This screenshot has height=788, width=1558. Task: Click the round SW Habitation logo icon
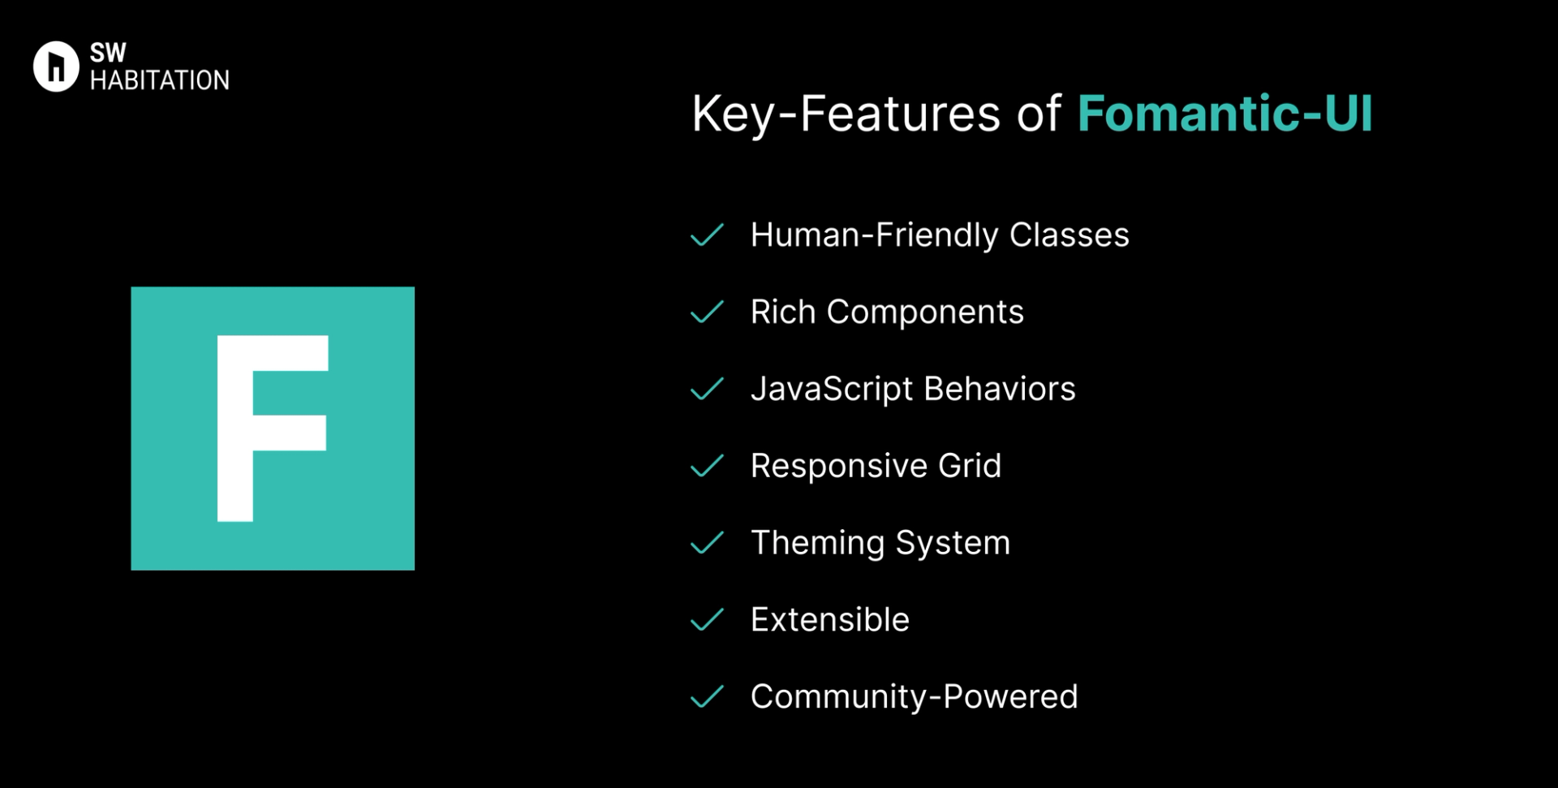[56, 67]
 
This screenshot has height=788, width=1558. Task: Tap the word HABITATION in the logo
[160, 80]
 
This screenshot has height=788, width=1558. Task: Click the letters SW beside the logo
[108, 53]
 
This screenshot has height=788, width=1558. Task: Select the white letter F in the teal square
[273, 428]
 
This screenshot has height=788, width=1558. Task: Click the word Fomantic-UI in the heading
[1224, 113]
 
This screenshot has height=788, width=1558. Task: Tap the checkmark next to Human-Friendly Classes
[707, 235]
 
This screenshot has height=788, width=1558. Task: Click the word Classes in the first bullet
[1070, 235]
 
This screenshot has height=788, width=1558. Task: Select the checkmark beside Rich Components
[707, 312]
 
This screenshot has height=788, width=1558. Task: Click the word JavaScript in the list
[832, 390]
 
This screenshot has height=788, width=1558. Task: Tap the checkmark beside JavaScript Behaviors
[707, 389]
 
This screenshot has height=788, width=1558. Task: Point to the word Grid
[970, 466]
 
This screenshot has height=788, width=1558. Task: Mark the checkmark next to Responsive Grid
[707, 466]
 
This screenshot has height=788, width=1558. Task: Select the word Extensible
[830, 619]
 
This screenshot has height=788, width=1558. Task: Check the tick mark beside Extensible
[707, 620]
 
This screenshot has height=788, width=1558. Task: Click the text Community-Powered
[915, 697]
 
